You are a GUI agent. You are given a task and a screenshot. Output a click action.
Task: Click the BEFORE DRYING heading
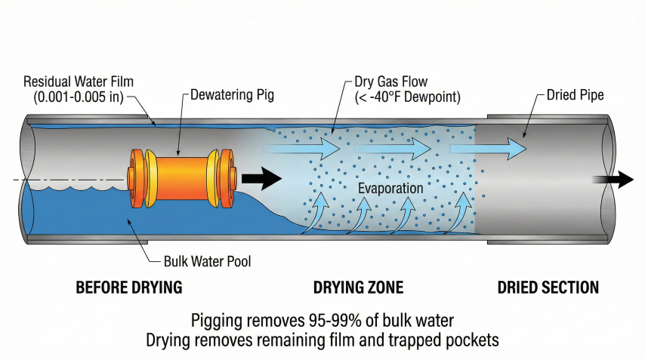[130, 288]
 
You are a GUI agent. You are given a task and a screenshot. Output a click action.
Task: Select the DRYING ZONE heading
[358, 288]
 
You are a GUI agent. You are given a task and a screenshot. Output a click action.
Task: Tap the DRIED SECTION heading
[548, 288]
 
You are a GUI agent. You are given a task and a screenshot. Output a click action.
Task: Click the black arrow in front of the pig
[261, 179]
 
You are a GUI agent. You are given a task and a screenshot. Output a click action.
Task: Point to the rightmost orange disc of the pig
[227, 178]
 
